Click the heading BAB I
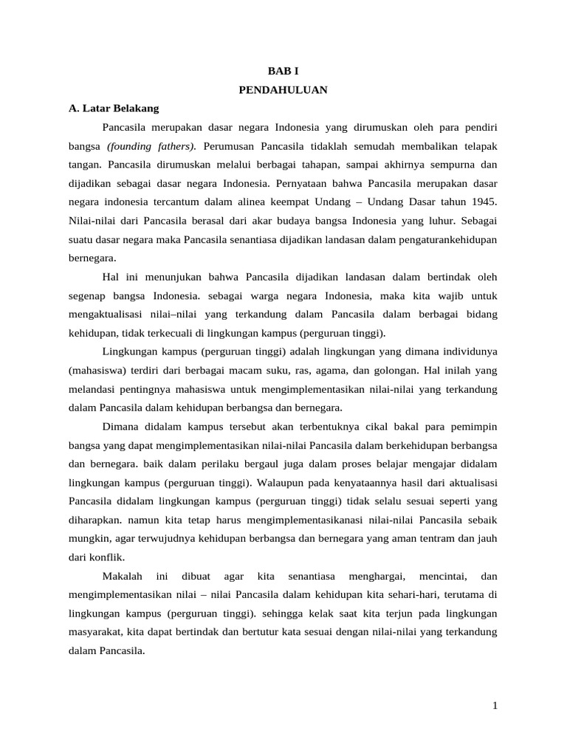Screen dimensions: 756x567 (x=283, y=72)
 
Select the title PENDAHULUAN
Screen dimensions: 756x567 (x=283, y=90)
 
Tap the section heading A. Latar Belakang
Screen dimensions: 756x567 (x=113, y=109)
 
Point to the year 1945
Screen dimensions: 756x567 (x=484, y=201)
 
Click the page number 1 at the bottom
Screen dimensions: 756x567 (x=495, y=706)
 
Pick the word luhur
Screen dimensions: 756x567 (x=441, y=219)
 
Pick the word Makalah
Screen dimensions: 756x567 (x=123, y=575)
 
